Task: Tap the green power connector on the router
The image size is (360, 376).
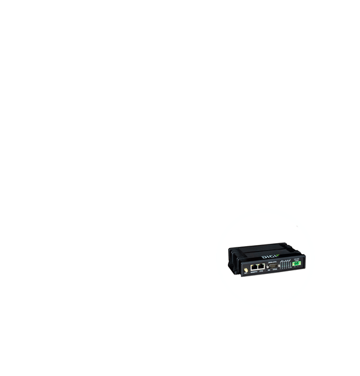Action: point(296,263)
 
